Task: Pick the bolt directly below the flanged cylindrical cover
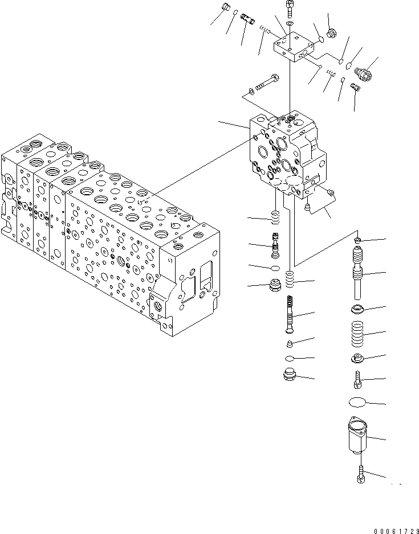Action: click(x=360, y=473)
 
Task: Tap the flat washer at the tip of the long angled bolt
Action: click(x=251, y=91)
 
